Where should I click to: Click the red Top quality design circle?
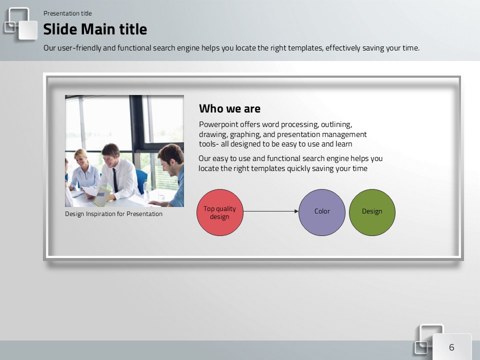[x=220, y=212]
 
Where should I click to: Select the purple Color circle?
[x=322, y=212]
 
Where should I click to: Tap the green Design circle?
[x=372, y=212]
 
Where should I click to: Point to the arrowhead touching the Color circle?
[x=296, y=211]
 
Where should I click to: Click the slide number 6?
[x=451, y=347]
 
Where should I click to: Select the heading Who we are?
[x=229, y=108]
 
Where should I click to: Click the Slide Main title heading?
[x=95, y=29]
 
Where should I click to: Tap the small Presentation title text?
[x=67, y=13]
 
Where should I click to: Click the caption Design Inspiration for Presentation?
[x=113, y=213]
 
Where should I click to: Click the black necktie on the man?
[x=115, y=180]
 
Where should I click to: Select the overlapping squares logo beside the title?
[x=20, y=24]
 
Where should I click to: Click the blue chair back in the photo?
[x=141, y=180]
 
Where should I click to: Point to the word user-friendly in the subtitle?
[x=79, y=48]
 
